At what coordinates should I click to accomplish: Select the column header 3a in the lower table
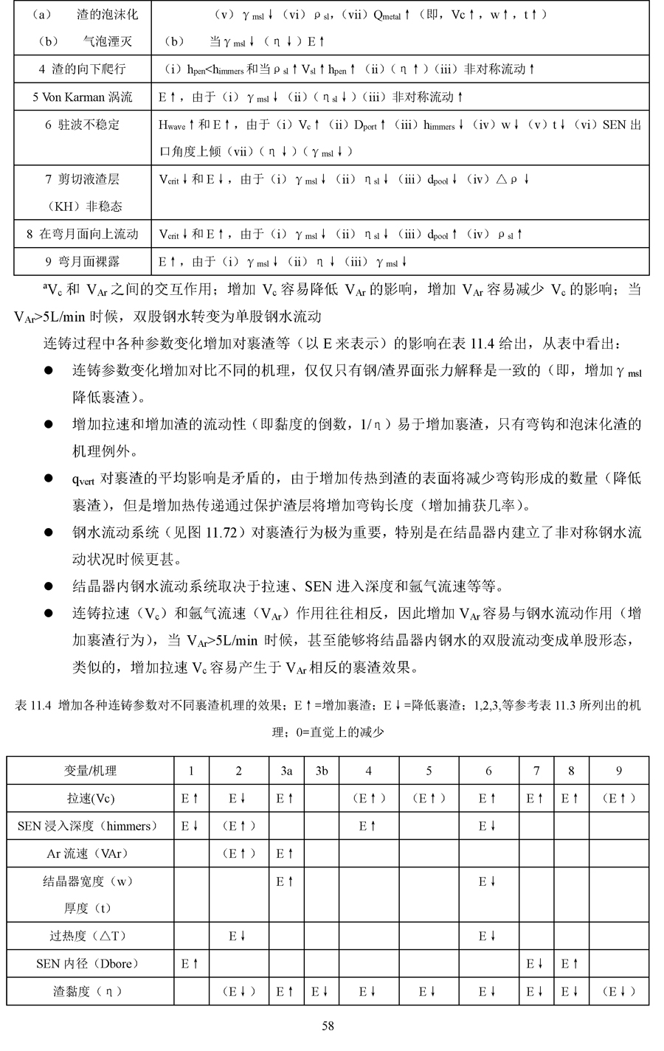click(x=286, y=771)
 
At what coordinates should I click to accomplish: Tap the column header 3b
click(x=322, y=771)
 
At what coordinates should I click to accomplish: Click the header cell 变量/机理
click(x=90, y=771)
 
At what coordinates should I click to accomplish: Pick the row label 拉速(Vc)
click(x=90, y=799)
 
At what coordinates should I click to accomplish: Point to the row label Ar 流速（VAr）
click(x=90, y=853)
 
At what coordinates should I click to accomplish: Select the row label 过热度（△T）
click(x=90, y=936)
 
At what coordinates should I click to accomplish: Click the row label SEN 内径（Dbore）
click(x=90, y=963)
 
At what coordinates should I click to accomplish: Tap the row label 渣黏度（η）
click(x=90, y=991)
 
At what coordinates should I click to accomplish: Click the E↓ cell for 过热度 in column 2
click(x=237, y=936)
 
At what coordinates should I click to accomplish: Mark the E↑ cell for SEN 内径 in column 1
click(x=190, y=963)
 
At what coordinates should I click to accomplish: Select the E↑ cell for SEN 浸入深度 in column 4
click(x=367, y=826)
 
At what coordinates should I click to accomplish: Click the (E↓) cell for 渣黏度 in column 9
click(x=618, y=991)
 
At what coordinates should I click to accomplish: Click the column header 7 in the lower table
click(x=536, y=771)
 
